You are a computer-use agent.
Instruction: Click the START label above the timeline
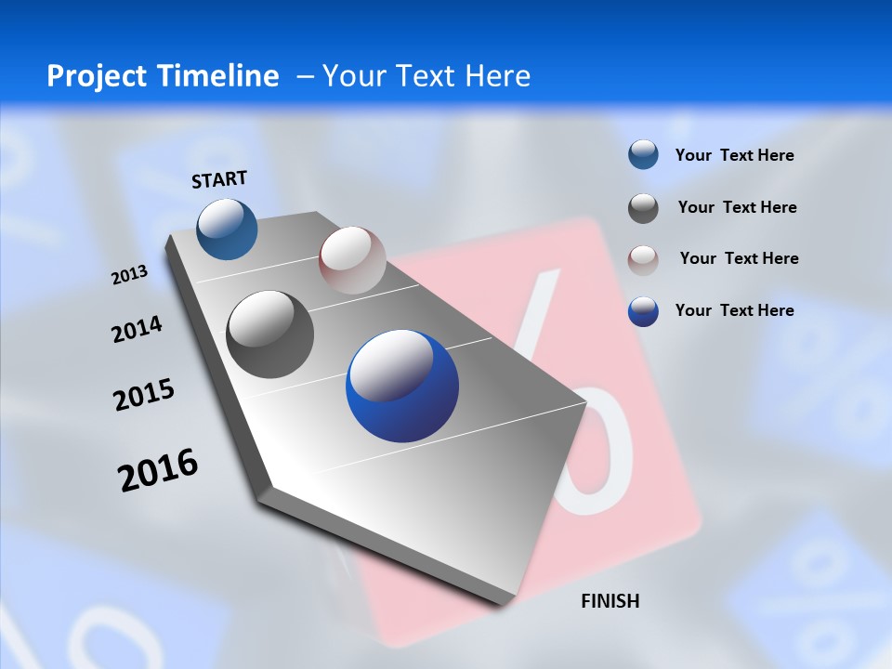pyautogui.click(x=219, y=179)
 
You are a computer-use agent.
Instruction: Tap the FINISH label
pyautogui.click(x=610, y=601)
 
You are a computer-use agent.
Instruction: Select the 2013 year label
pyautogui.click(x=129, y=275)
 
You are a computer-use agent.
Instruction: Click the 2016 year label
pyautogui.click(x=158, y=470)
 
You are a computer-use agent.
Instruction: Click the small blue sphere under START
pyautogui.click(x=228, y=229)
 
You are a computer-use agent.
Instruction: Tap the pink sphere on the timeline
pyautogui.click(x=352, y=259)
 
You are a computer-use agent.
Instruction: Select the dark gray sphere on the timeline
pyautogui.click(x=270, y=334)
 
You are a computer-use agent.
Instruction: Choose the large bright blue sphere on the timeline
pyautogui.click(x=402, y=386)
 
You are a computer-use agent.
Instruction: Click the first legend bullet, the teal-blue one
pyautogui.click(x=643, y=155)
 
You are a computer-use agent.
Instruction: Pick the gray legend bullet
pyautogui.click(x=643, y=208)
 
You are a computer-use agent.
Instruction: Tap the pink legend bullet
pyautogui.click(x=643, y=259)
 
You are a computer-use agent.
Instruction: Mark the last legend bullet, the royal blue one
pyautogui.click(x=643, y=311)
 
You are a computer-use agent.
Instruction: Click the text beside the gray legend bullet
pyautogui.click(x=738, y=207)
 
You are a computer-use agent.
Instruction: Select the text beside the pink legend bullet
pyautogui.click(x=739, y=258)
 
